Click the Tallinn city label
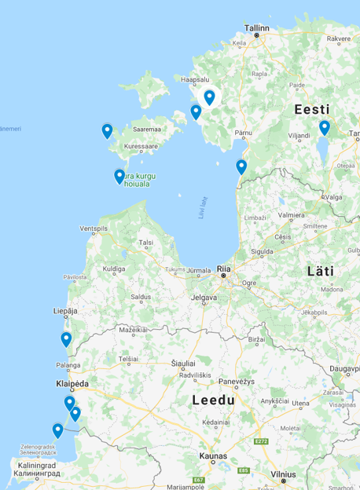point(257,27)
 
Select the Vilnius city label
point(283,475)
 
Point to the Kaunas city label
point(213,455)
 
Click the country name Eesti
point(312,110)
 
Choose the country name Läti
point(320,271)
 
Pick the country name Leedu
point(214,400)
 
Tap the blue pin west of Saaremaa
point(107,130)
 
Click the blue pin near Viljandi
point(324,126)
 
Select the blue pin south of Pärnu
point(241,166)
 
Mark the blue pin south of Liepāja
point(66,339)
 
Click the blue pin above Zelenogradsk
point(57,430)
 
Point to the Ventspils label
point(93,229)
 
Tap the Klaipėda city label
point(72,384)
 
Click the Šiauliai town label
point(184,364)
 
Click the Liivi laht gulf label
point(201,207)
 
